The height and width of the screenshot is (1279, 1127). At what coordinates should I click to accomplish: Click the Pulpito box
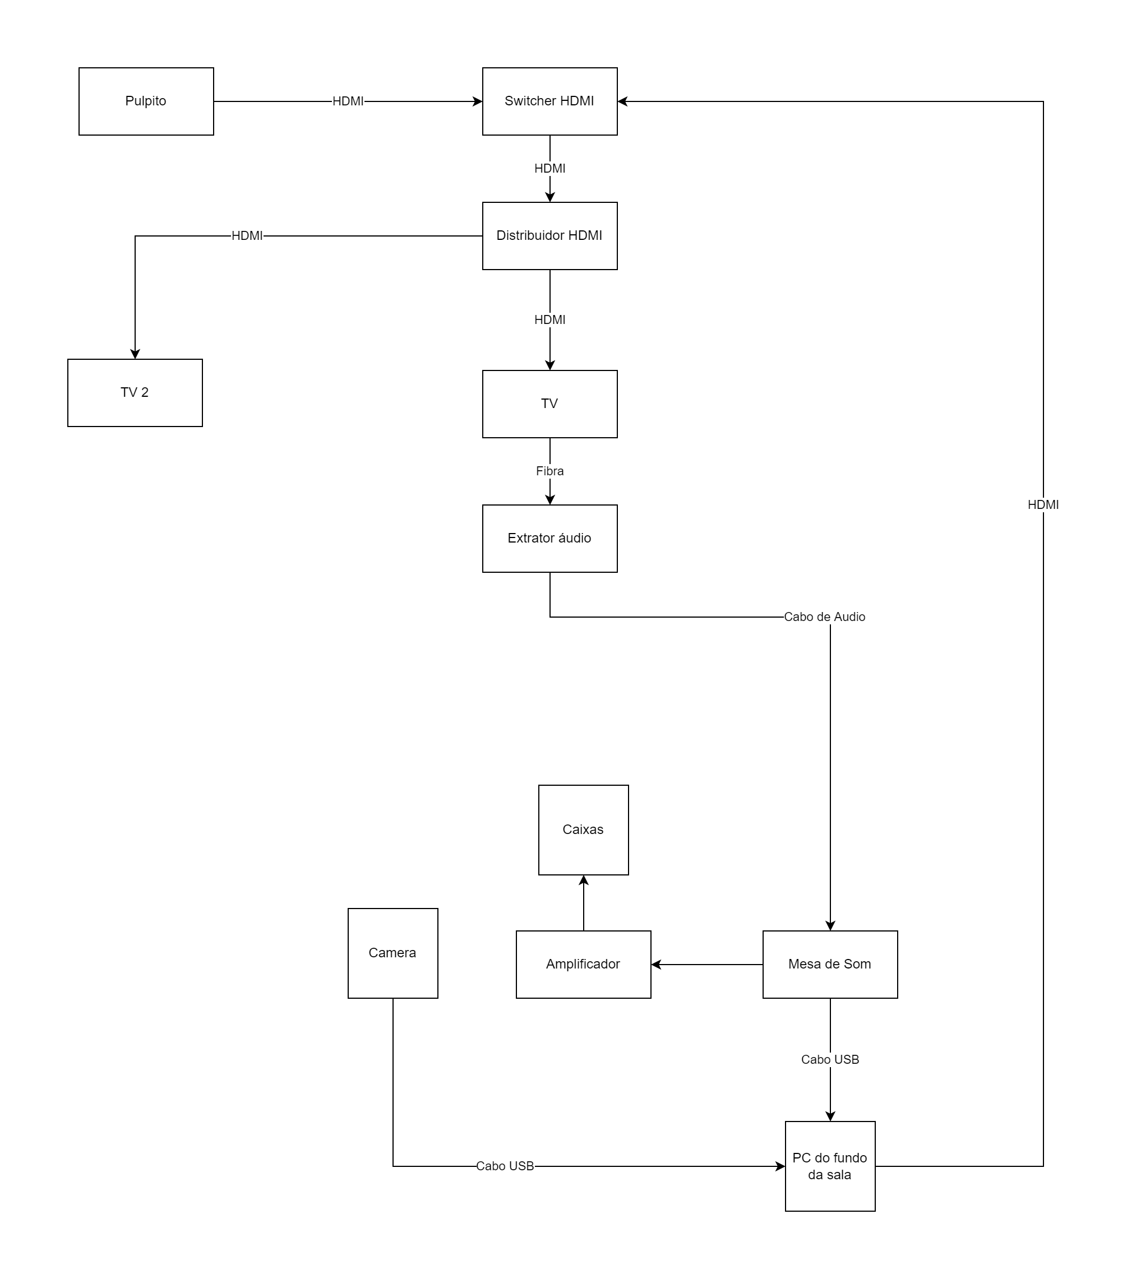pyautogui.click(x=146, y=101)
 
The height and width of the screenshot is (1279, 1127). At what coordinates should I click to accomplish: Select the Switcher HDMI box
pyautogui.click(x=549, y=101)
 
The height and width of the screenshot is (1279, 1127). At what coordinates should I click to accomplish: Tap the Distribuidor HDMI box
pyautogui.click(x=549, y=236)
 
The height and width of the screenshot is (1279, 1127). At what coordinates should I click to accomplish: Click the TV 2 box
pyautogui.click(x=135, y=393)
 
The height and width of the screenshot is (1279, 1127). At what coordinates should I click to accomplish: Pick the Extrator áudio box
pyautogui.click(x=549, y=539)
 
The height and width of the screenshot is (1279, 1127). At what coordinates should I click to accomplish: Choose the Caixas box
pyautogui.click(x=583, y=830)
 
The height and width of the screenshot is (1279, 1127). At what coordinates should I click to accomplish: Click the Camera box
pyautogui.click(x=392, y=953)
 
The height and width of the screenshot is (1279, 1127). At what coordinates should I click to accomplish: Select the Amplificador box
pyautogui.click(x=583, y=964)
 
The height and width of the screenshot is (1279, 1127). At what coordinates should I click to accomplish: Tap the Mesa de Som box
pyautogui.click(x=830, y=964)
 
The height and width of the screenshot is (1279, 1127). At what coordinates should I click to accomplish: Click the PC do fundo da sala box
pyautogui.click(x=830, y=1166)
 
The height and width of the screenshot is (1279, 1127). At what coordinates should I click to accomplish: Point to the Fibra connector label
pyautogui.click(x=549, y=471)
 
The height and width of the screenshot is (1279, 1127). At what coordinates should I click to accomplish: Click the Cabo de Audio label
pyautogui.click(x=824, y=617)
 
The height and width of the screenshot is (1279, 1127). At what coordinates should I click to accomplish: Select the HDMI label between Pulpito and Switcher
pyautogui.click(x=348, y=101)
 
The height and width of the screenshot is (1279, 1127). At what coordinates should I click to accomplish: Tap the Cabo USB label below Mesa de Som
pyautogui.click(x=830, y=1059)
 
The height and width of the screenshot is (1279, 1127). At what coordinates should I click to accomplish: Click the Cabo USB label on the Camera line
pyautogui.click(x=505, y=1166)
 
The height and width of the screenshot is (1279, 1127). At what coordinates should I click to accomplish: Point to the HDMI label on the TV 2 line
pyautogui.click(x=247, y=236)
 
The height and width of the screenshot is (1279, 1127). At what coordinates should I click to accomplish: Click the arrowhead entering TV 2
pyautogui.click(x=135, y=354)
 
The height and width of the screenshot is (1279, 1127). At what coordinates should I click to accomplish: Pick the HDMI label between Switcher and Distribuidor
pyautogui.click(x=549, y=168)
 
